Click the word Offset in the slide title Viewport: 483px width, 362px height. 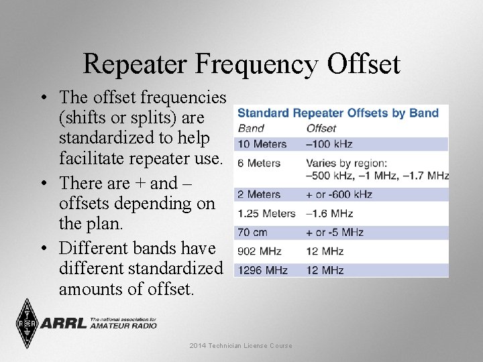tap(364, 64)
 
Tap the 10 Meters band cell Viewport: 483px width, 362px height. tap(262, 144)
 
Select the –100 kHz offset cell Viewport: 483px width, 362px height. tap(329, 144)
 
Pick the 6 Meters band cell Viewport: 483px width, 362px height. tap(259, 163)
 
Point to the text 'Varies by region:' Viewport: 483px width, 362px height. tap(347, 163)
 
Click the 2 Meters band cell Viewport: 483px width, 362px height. tap(259, 194)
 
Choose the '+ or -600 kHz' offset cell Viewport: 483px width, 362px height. tap(339, 194)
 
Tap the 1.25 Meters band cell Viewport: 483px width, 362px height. tap(266, 213)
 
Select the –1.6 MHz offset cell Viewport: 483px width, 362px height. tap(329, 213)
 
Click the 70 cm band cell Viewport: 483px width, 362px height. tap(252, 233)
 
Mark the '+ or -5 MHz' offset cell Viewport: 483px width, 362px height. tap(335, 233)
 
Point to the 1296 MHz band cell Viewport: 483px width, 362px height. tap(263, 270)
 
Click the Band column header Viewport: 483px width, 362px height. tap(251, 128)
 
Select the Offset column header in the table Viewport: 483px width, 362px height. tap(321, 128)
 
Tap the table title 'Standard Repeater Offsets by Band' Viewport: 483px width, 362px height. tap(338, 113)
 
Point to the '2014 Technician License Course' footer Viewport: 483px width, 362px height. tap(241, 346)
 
